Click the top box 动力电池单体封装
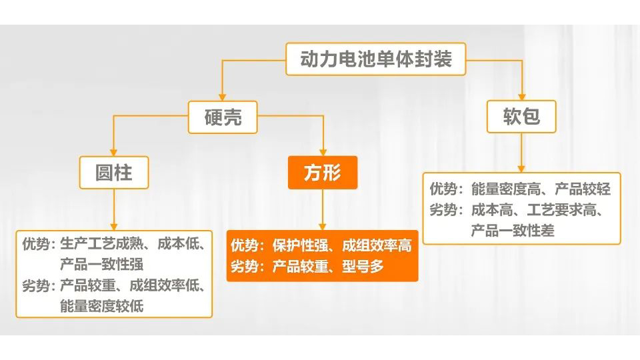coord(375,59)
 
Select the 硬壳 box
coord(223,117)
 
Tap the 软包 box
coord(521,116)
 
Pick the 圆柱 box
coord(114,172)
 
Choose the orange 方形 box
coord(323,172)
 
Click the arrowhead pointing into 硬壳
coord(222,97)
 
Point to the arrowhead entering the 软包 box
coord(521,97)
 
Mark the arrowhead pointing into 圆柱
coord(113,152)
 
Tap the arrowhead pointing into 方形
coord(323,152)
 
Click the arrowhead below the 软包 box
coord(521,169)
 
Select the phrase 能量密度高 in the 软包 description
coord(506,189)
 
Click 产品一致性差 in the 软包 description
coord(513,231)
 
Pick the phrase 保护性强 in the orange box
coord(300,245)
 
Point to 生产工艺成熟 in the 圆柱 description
coord(101,244)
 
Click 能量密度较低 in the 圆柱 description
coord(101,306)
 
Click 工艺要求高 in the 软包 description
coord(561,210)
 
